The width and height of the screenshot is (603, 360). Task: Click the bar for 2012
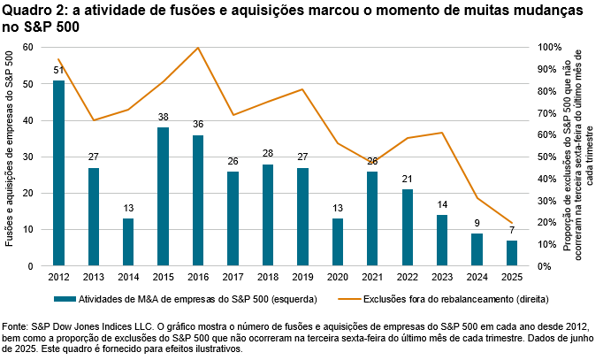coord(58,173)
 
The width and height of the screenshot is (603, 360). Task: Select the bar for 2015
coord(163,196)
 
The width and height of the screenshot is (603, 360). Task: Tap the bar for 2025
coord(512,253)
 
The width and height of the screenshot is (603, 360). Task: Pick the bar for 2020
coord(338,241)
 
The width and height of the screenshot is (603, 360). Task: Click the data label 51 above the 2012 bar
coord(58,71)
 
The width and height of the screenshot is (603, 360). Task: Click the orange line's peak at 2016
coord(198,48)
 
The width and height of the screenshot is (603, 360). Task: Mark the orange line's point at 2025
coord(512,223)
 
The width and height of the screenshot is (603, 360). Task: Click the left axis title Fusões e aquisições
coord(9,157)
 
